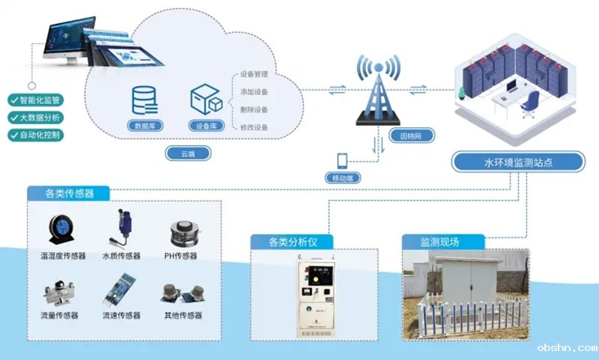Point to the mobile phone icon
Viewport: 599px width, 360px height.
(342, 161)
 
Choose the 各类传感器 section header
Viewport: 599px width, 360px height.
(69, 194)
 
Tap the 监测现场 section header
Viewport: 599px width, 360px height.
(440, 242)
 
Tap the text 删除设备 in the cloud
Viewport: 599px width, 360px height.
(254, 110)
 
